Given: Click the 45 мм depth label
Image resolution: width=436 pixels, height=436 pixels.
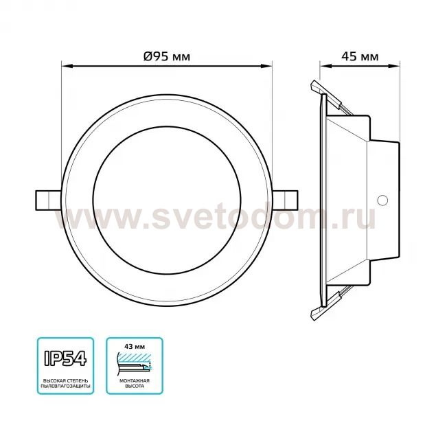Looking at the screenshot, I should click(359, 57).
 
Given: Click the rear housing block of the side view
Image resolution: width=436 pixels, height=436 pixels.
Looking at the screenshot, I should click(383, 199).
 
